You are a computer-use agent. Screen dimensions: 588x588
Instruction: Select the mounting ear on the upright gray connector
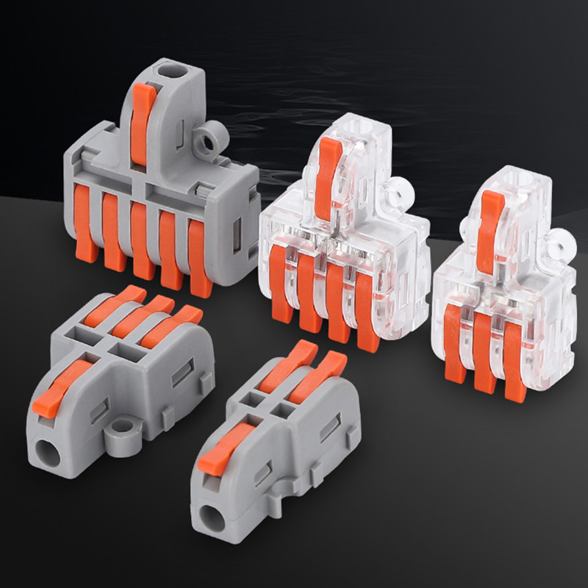tap(215, 136)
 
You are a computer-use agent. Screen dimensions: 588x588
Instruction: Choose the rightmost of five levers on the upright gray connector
tap(200, 254)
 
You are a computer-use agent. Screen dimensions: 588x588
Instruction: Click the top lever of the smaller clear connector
tap(489, 220)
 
